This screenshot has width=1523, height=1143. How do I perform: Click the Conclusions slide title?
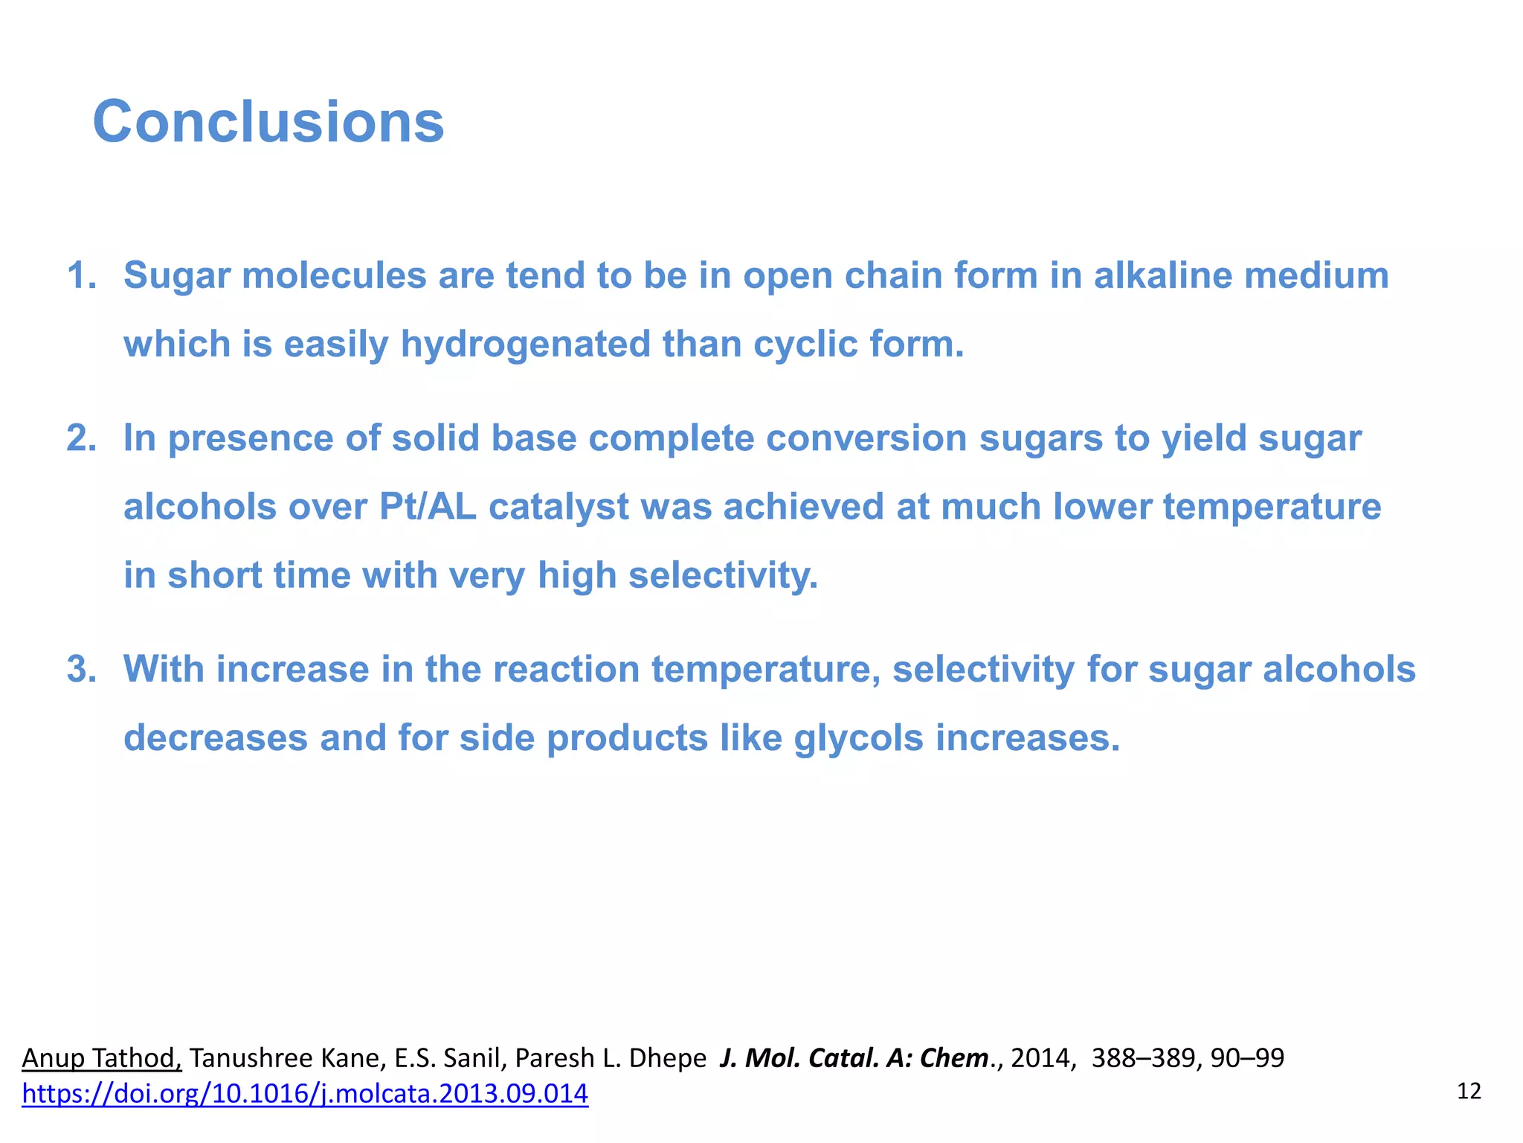point(268,122)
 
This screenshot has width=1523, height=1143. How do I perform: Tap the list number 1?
point(82,275)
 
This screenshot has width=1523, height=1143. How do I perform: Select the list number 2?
point(82,438)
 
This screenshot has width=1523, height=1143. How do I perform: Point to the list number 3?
point(82,669)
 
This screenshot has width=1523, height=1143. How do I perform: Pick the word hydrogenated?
point(525,345)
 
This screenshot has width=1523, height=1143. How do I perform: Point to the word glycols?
point(858,738)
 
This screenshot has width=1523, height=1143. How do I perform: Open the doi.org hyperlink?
point(305,1093)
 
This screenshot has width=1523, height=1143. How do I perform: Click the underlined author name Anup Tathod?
point(102,1057)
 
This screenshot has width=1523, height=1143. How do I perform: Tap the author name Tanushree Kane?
point(284,1057)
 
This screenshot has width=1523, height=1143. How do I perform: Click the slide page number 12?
point(1469,1092)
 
